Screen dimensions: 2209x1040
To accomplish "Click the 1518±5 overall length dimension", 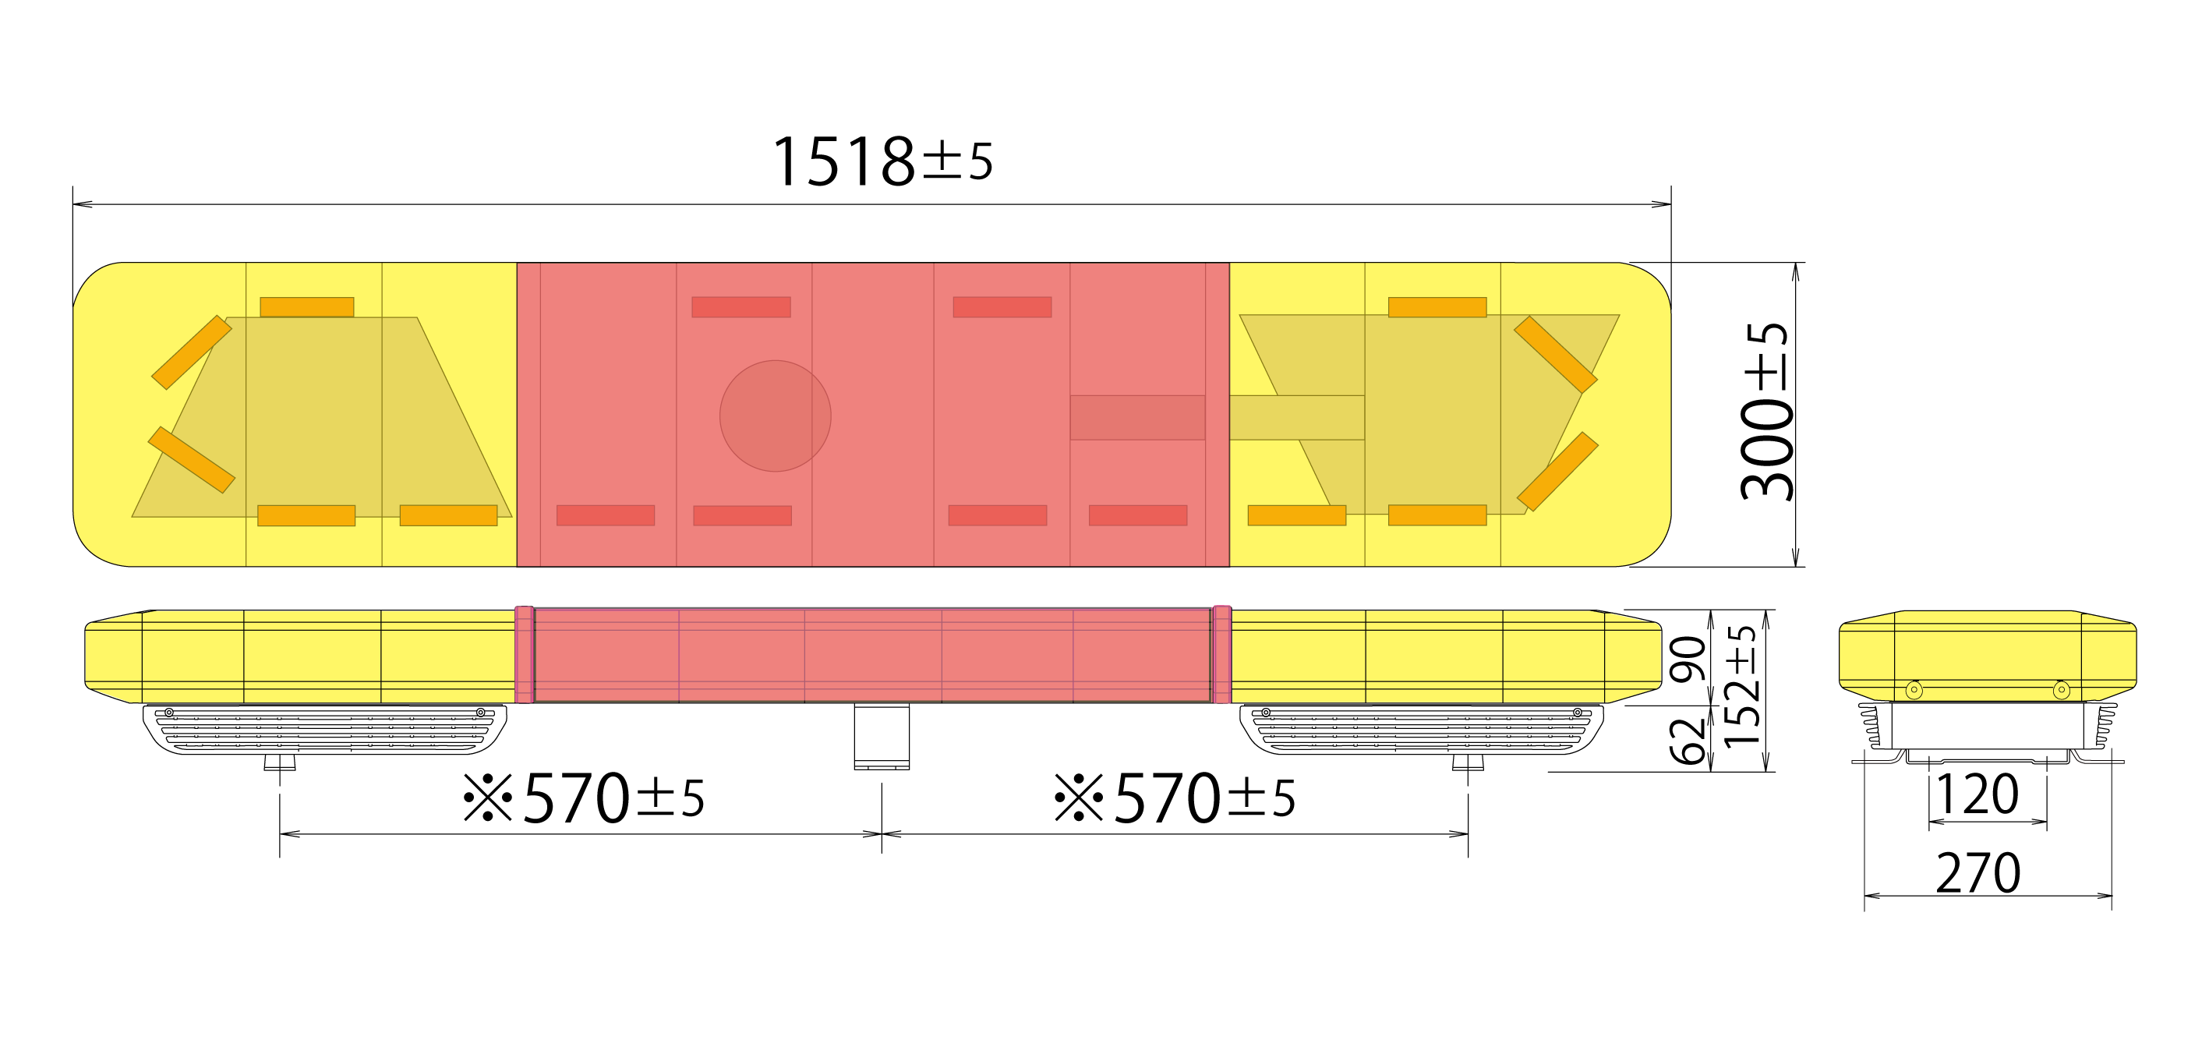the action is point(882,161).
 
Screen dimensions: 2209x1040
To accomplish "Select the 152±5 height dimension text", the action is point(1743,686).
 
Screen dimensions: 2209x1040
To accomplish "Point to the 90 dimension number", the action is point(1688,660).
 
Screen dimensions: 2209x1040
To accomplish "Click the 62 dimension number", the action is point(1688,741).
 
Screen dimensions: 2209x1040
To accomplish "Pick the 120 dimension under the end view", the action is point(1977,794).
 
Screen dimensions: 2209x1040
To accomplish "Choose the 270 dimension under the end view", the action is point(1978,873).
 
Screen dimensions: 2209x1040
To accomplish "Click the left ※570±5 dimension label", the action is point(583,798).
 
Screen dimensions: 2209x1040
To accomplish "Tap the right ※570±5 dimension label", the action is point(1174,798).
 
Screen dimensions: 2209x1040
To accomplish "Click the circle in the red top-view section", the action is point(776,416).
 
